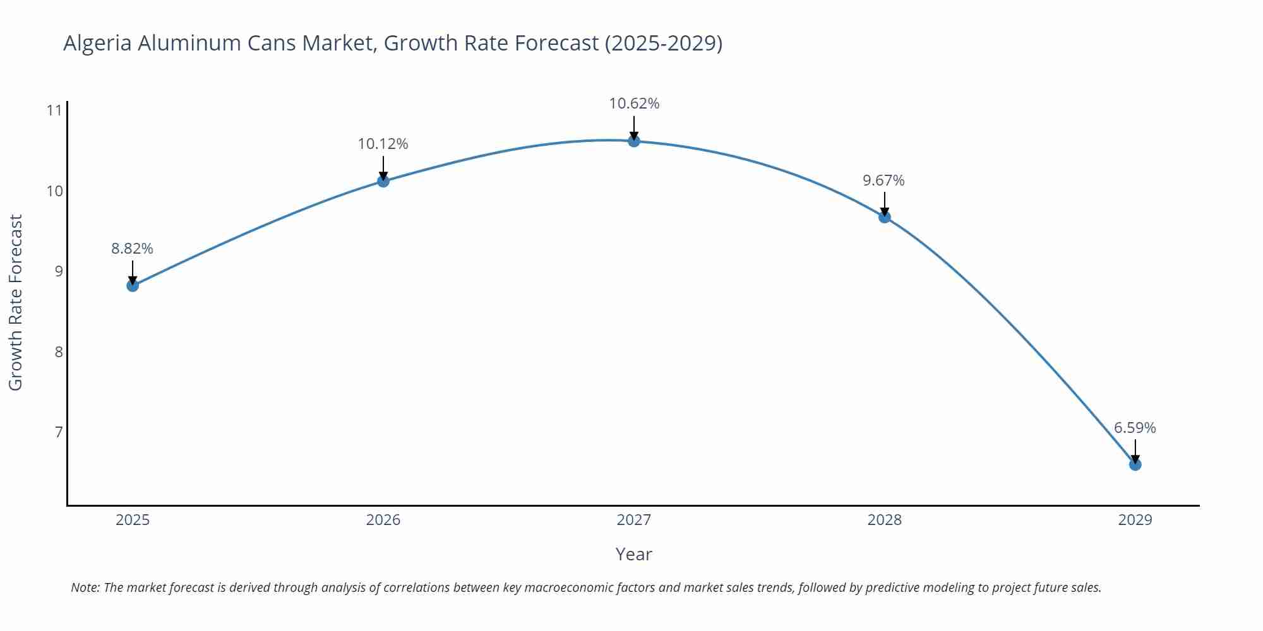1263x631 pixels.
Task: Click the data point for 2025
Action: coord(133,285)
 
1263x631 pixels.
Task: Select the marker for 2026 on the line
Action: coord(383,181)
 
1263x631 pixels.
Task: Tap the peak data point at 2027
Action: coord(634,141)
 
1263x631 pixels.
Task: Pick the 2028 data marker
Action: coord(885,217)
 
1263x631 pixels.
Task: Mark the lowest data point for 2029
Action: coord(1135,464)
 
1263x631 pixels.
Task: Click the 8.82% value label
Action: coord(133,249)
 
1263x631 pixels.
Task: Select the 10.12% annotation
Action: coord(383,144)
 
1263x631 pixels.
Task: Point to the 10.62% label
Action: coord(634,103)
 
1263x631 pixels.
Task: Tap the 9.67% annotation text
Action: coord(883,180)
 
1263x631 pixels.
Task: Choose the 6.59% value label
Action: coord(1135,428)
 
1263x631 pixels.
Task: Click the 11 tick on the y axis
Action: coord(55,110)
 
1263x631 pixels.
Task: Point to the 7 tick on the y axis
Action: coord(59,432)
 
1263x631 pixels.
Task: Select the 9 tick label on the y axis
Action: coord(59,271)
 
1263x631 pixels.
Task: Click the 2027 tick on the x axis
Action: coord(634,520)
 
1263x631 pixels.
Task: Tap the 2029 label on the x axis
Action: coord(1135,520)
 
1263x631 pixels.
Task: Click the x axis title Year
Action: coord(633,554)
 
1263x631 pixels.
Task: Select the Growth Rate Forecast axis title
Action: coord(16,302)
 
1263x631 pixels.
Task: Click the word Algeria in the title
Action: coord(97,43)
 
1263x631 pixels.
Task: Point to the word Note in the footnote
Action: coord(85,587)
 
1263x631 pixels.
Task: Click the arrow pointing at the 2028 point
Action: coord(885,204)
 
